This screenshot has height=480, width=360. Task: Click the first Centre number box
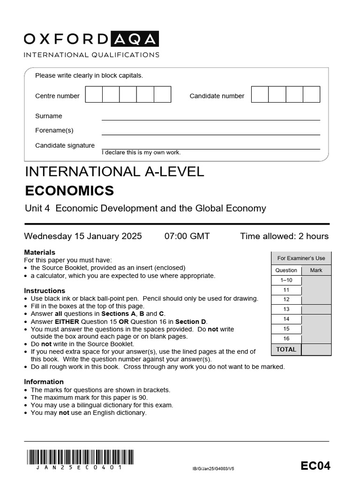pos(94,95)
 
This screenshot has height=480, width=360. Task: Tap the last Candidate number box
pos(311,95)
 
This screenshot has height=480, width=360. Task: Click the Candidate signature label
pos(65,145)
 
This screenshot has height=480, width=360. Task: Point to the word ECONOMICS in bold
pos(69,191)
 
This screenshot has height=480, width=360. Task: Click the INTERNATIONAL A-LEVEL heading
pos(114,172)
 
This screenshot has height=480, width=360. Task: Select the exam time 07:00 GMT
pos(187,236)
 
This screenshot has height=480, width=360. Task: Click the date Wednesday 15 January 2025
pos(83,236)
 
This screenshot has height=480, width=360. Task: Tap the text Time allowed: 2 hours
pos(284,236)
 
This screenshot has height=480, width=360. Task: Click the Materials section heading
pos(39,252)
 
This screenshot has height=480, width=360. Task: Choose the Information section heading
pos(44,382)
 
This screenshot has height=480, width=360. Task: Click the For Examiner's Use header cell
pos(301,258)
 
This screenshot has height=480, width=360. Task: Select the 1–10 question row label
pos(286,280)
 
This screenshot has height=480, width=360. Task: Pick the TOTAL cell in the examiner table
pos(286,349)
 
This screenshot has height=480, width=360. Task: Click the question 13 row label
pos(286,309)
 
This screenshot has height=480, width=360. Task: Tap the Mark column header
pos(316,270)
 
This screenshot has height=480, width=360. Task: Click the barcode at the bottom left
pos(80,457)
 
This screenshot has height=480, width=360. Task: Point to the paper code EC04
pos(315,465)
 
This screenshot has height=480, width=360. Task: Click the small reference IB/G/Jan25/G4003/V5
pos(213,468)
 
